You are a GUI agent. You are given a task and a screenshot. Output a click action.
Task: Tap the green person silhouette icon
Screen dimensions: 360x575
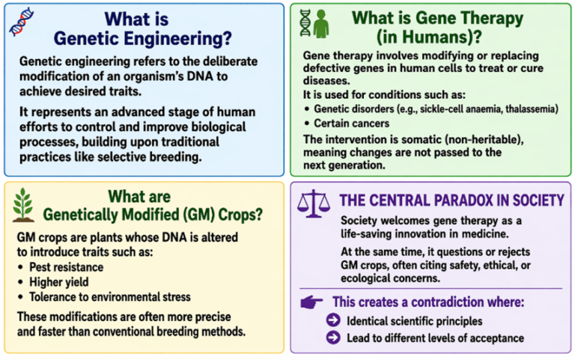[x=320, y=22]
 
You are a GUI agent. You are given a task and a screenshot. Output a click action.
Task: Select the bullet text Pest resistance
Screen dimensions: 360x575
[x=66, y=267]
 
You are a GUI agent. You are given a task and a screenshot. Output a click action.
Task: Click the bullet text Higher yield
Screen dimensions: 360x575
[x=59, y=282]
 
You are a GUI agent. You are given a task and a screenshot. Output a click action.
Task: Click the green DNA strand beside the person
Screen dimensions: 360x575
[x=305, y=22]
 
